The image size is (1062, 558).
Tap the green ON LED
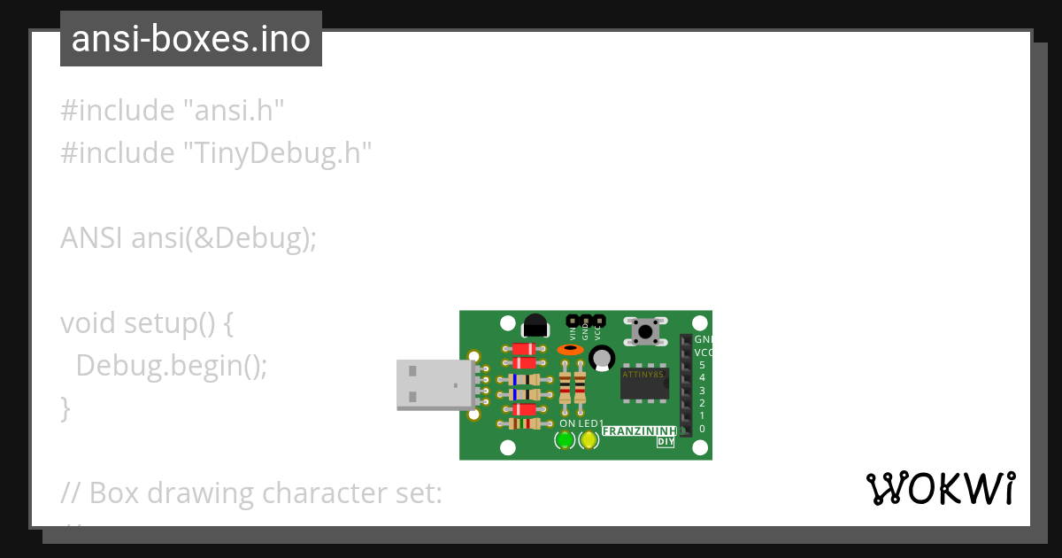tap(565, 439)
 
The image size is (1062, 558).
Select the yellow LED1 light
tap(589, 439)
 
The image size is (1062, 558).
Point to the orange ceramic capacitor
tap(570, 350)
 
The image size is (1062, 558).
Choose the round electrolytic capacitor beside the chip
tap(603, 358)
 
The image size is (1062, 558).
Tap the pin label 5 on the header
tap(702, 365)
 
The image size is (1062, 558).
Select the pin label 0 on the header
tap(702, 429)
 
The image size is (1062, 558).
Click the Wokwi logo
tap(941, 488)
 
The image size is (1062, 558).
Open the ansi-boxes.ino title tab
tap(190, 39)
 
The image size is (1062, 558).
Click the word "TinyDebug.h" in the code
tap(277, 153)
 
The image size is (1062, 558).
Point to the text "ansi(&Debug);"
tap(224, 238)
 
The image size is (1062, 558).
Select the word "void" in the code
tap(88, 323)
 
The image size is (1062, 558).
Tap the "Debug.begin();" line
tap(172, 365)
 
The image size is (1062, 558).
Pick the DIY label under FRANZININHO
tap(666, 442)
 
